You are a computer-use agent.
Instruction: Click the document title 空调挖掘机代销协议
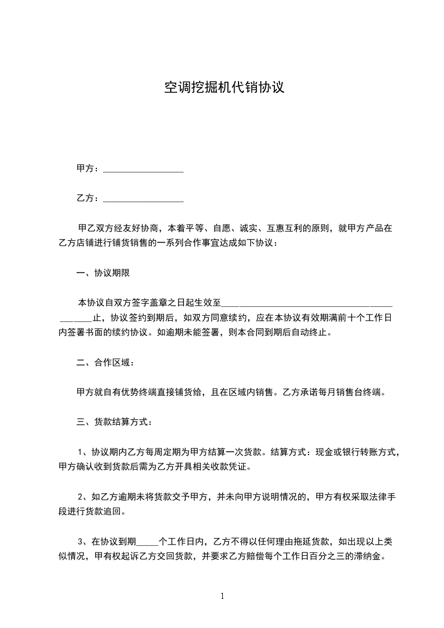[225, 88]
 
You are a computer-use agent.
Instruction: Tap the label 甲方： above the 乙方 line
[88, 168]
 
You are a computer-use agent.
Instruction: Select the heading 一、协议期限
[105, 273]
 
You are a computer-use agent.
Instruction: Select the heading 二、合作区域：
[105, 363]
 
